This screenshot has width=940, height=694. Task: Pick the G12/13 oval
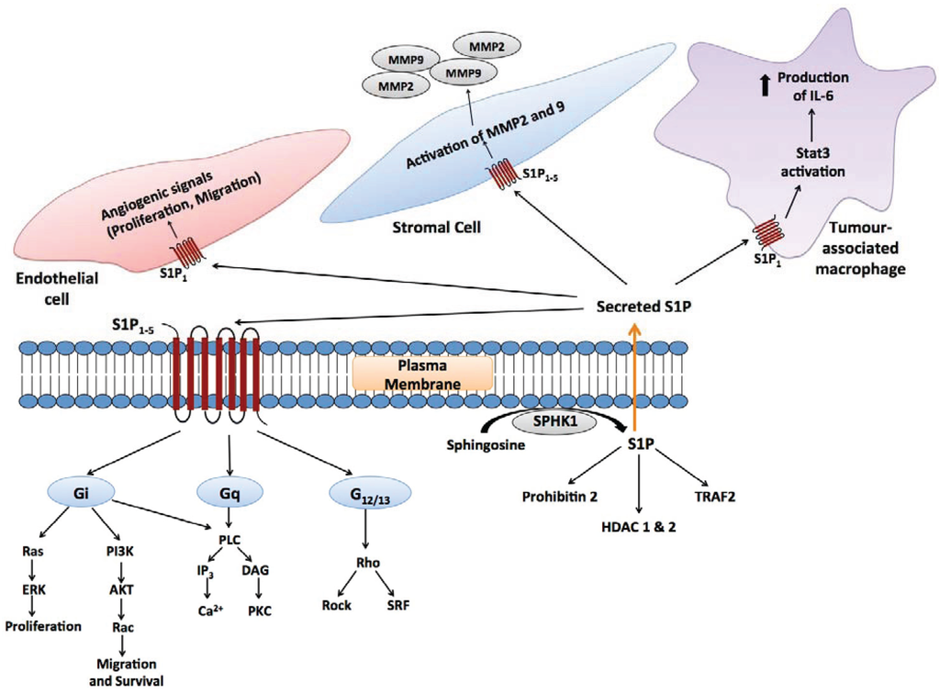[367, 494]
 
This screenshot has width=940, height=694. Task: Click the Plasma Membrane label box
[423, 374]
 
